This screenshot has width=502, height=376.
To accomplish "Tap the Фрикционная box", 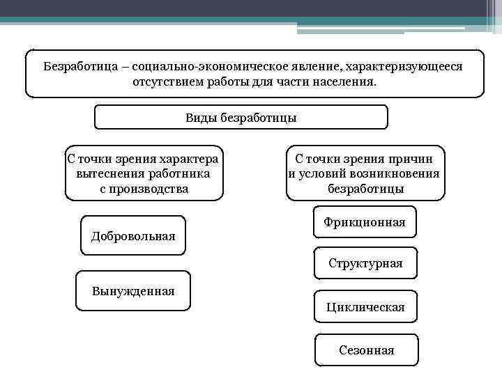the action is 365,222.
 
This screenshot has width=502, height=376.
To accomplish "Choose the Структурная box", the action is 365,264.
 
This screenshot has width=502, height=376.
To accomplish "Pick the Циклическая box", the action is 365,307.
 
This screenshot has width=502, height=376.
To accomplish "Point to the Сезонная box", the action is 366,350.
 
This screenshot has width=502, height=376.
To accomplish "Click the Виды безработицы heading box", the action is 241,118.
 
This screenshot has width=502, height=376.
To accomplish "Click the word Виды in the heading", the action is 201,118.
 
